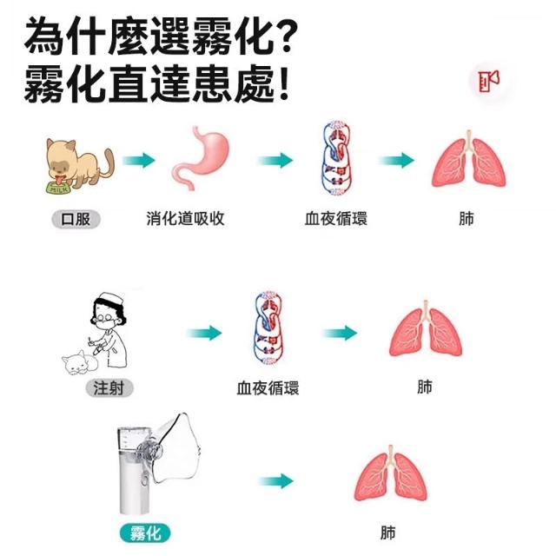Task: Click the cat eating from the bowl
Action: pyautogui.click(x=78, y=165)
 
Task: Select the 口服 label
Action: pyautogui.click(x=76, y=219)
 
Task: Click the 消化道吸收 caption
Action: pyautogui.click(x=185, y=219)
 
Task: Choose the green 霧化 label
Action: pyautogui.click(x=144, y=533)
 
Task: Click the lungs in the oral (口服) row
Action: pyautogui.click(x=467, y=160)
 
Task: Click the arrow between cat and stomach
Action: pyautogui.click(x=138, y=161)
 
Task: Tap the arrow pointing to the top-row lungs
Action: pyautogui.click(x=395, y=161)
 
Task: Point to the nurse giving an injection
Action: pyautogui.click(x=109, y=330)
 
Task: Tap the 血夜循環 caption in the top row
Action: pyautogui.click(x=335, y=219)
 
